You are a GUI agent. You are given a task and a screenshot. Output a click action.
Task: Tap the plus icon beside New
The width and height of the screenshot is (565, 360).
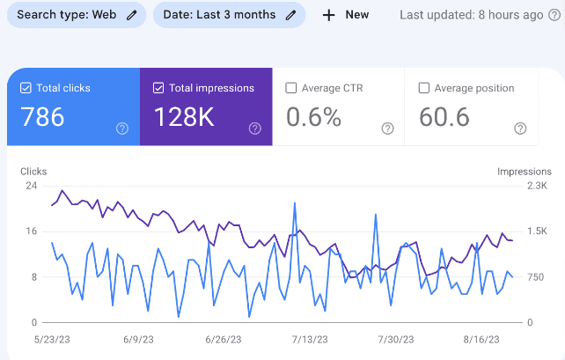pyautogui.click(x=329, y=15)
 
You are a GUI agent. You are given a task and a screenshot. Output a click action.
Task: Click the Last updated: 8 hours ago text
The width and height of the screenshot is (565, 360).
pyautogui.click(x=471, y=15)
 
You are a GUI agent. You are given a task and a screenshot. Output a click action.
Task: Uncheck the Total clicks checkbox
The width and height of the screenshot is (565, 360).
pyautogui.click(x=26, y=88)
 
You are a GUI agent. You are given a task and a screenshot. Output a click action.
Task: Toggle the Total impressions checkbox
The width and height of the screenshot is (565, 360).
pyautogui.click(x=158, y=88)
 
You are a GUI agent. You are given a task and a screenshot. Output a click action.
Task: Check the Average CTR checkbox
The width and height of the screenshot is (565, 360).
pyautogui.click(x=290, y=88)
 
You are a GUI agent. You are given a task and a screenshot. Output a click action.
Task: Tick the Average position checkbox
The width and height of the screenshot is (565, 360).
pyautogui.click(x=424, y=88)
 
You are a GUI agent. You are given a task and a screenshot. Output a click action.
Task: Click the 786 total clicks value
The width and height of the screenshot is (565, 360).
pyautogui.click(x=42, y=117)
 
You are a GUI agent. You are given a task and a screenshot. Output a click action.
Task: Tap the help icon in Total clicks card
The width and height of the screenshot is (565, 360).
pyautogui.click(x=122, y=129)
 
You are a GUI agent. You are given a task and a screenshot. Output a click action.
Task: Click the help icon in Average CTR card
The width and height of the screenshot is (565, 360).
pyautogui.click(x=387, y=129)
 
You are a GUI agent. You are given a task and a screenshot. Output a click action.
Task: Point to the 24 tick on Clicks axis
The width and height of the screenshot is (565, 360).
pyautogui.click(x=31, y=186)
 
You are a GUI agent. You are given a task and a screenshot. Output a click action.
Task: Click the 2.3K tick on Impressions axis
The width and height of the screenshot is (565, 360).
pyautogui.click(x=537, y=186)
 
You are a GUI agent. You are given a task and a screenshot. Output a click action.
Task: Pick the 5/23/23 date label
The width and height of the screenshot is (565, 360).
pyautogui.click(x=51, y=339)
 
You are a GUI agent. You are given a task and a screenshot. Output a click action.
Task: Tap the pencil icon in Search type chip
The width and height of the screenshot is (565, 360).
pyautogui.click(x=132, y=15)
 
